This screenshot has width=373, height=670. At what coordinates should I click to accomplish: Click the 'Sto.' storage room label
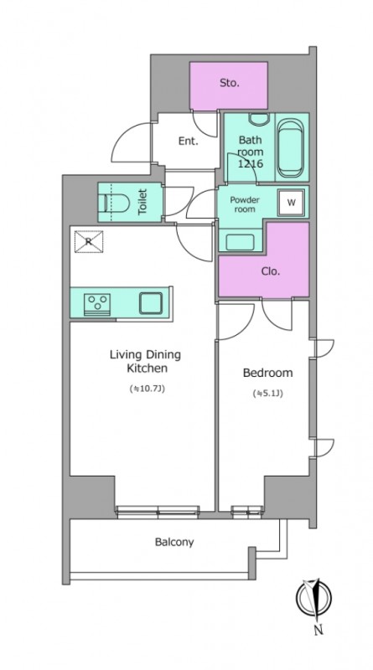230,83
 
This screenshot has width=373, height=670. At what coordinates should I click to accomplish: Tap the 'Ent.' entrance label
189,141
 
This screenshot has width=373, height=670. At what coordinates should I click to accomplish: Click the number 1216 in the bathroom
251,162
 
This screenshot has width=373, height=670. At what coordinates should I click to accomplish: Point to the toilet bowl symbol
117,203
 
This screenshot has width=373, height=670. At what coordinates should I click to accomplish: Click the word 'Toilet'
142,202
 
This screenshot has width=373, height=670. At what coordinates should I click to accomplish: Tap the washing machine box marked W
292,203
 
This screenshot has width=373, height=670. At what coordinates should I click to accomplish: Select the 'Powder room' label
245,204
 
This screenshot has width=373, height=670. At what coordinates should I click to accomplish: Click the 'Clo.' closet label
271,271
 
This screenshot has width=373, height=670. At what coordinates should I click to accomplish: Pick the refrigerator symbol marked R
89,241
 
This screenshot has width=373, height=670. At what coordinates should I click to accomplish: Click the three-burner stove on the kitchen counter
97,304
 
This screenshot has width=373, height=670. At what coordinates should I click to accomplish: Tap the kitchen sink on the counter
151,303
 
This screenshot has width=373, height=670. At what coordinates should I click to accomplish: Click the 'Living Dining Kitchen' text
146,361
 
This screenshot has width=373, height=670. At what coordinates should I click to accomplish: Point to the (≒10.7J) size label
148,389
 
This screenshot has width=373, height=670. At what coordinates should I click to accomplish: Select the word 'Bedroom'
267,373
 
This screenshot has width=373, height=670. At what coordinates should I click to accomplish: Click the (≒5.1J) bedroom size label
267,394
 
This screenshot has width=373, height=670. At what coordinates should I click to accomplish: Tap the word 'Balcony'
174,542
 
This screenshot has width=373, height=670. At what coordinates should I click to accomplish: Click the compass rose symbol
314,597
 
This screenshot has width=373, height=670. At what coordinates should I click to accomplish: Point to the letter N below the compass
319,630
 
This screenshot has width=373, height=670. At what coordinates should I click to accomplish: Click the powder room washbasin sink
241,242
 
